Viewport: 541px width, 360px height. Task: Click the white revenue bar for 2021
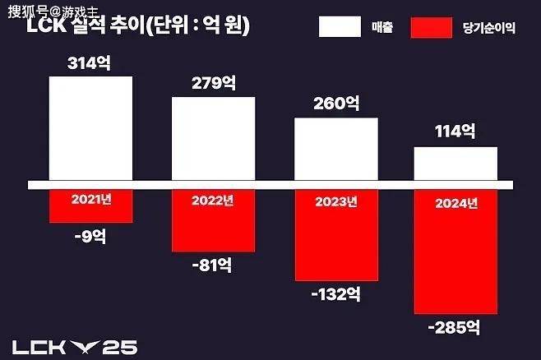coord(90,127)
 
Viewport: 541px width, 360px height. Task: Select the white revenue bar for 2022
coord(213,137)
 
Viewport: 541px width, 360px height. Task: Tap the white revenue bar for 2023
coord(335,148)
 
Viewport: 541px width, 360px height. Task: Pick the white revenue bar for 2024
coord(456,163)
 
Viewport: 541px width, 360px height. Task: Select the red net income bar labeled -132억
coord(335,243)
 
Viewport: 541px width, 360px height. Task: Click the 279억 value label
coord(213,84)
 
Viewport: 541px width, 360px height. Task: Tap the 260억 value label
coord(335,104)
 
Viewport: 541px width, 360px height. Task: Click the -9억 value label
coord(90,237)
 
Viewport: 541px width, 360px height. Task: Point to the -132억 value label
coord(335,295)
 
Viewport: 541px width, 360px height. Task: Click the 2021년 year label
coord(90,199)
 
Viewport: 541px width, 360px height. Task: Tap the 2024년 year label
coord(456,203)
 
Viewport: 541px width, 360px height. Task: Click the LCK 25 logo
coord(74,347)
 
